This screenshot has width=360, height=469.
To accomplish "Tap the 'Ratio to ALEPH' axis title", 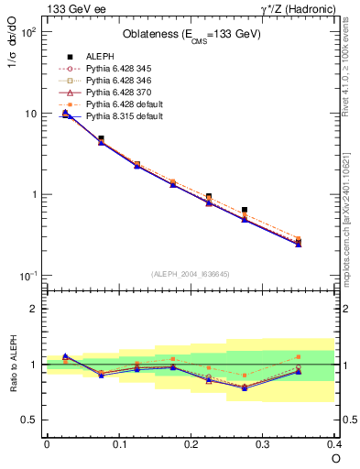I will pos(13,364).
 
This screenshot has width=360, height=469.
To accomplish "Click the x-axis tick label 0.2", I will pos(191,443).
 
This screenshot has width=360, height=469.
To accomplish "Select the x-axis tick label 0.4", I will pos(333,443).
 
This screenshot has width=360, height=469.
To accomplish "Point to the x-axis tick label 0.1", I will pos(118,443).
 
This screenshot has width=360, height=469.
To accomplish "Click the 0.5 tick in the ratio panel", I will pos(29,420).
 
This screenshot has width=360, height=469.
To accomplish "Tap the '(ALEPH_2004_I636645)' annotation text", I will pos(190,272).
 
